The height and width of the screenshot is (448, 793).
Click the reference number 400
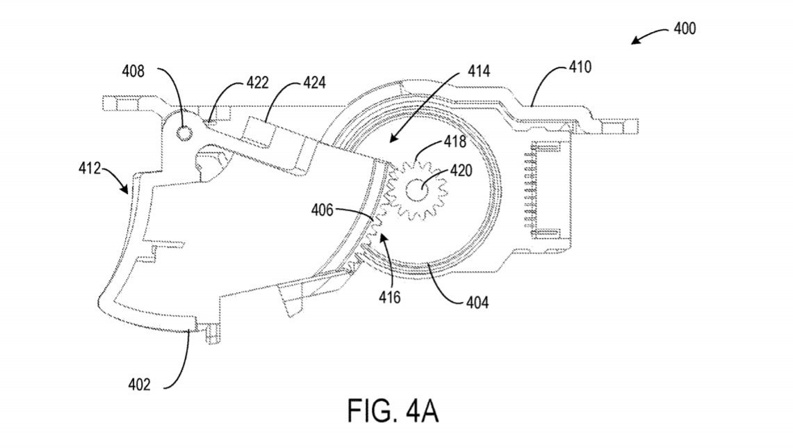[x=685, y=29]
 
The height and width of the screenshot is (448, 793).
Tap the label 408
[x=133, y=72]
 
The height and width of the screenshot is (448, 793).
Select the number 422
[x=257, y=83]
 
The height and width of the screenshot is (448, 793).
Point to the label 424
[x=315, y=83]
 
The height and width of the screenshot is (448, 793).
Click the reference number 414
[x=478, y=72]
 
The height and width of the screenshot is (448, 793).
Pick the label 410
[x=580, y=67]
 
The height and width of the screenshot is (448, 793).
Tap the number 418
[x=455, y=141]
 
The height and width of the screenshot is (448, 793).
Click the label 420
[x=461, y=170]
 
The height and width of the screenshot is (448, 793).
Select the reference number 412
[x=90, y=168]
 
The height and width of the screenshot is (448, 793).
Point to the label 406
[x=322, y=209]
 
